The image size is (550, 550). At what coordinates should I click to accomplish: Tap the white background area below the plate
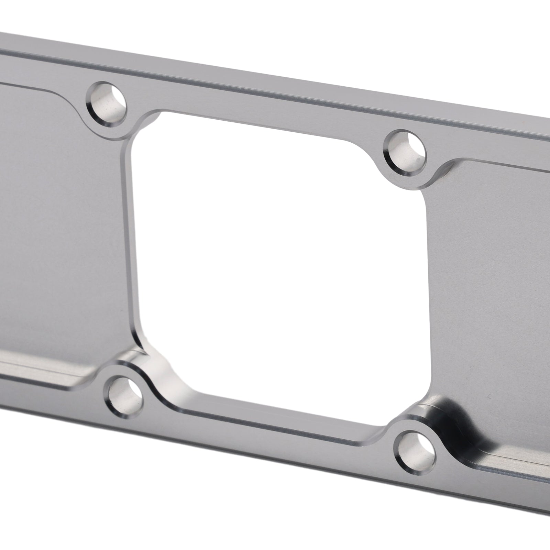[172, 498]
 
